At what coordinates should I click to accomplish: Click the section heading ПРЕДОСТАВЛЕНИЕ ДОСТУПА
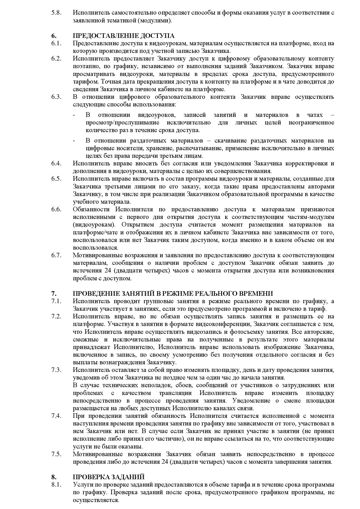tap(124, 36)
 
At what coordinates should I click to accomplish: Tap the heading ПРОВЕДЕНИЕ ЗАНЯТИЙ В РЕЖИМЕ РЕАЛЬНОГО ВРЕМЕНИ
tap(173, 293)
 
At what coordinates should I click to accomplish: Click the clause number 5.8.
tap(56, 13)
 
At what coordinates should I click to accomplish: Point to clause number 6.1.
tap(56, 43)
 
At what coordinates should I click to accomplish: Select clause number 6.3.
tap(56, 97)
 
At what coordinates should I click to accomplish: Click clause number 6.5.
tap(56, 179)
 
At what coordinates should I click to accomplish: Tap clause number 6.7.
tap(56, 255)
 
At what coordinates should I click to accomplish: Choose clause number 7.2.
tap(56, 316)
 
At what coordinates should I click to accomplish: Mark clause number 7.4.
tap(56, 416)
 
